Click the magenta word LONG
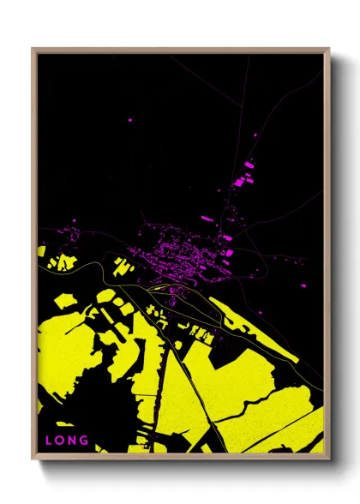67,441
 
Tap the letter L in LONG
49,441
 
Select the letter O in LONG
60,441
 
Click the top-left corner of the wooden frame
33,49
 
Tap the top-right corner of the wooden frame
329,49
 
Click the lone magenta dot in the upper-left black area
130,120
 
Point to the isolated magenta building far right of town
306,284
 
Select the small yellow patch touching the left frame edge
41,250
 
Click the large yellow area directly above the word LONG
64,360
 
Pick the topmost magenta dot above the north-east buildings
255,135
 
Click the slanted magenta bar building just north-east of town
208,219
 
